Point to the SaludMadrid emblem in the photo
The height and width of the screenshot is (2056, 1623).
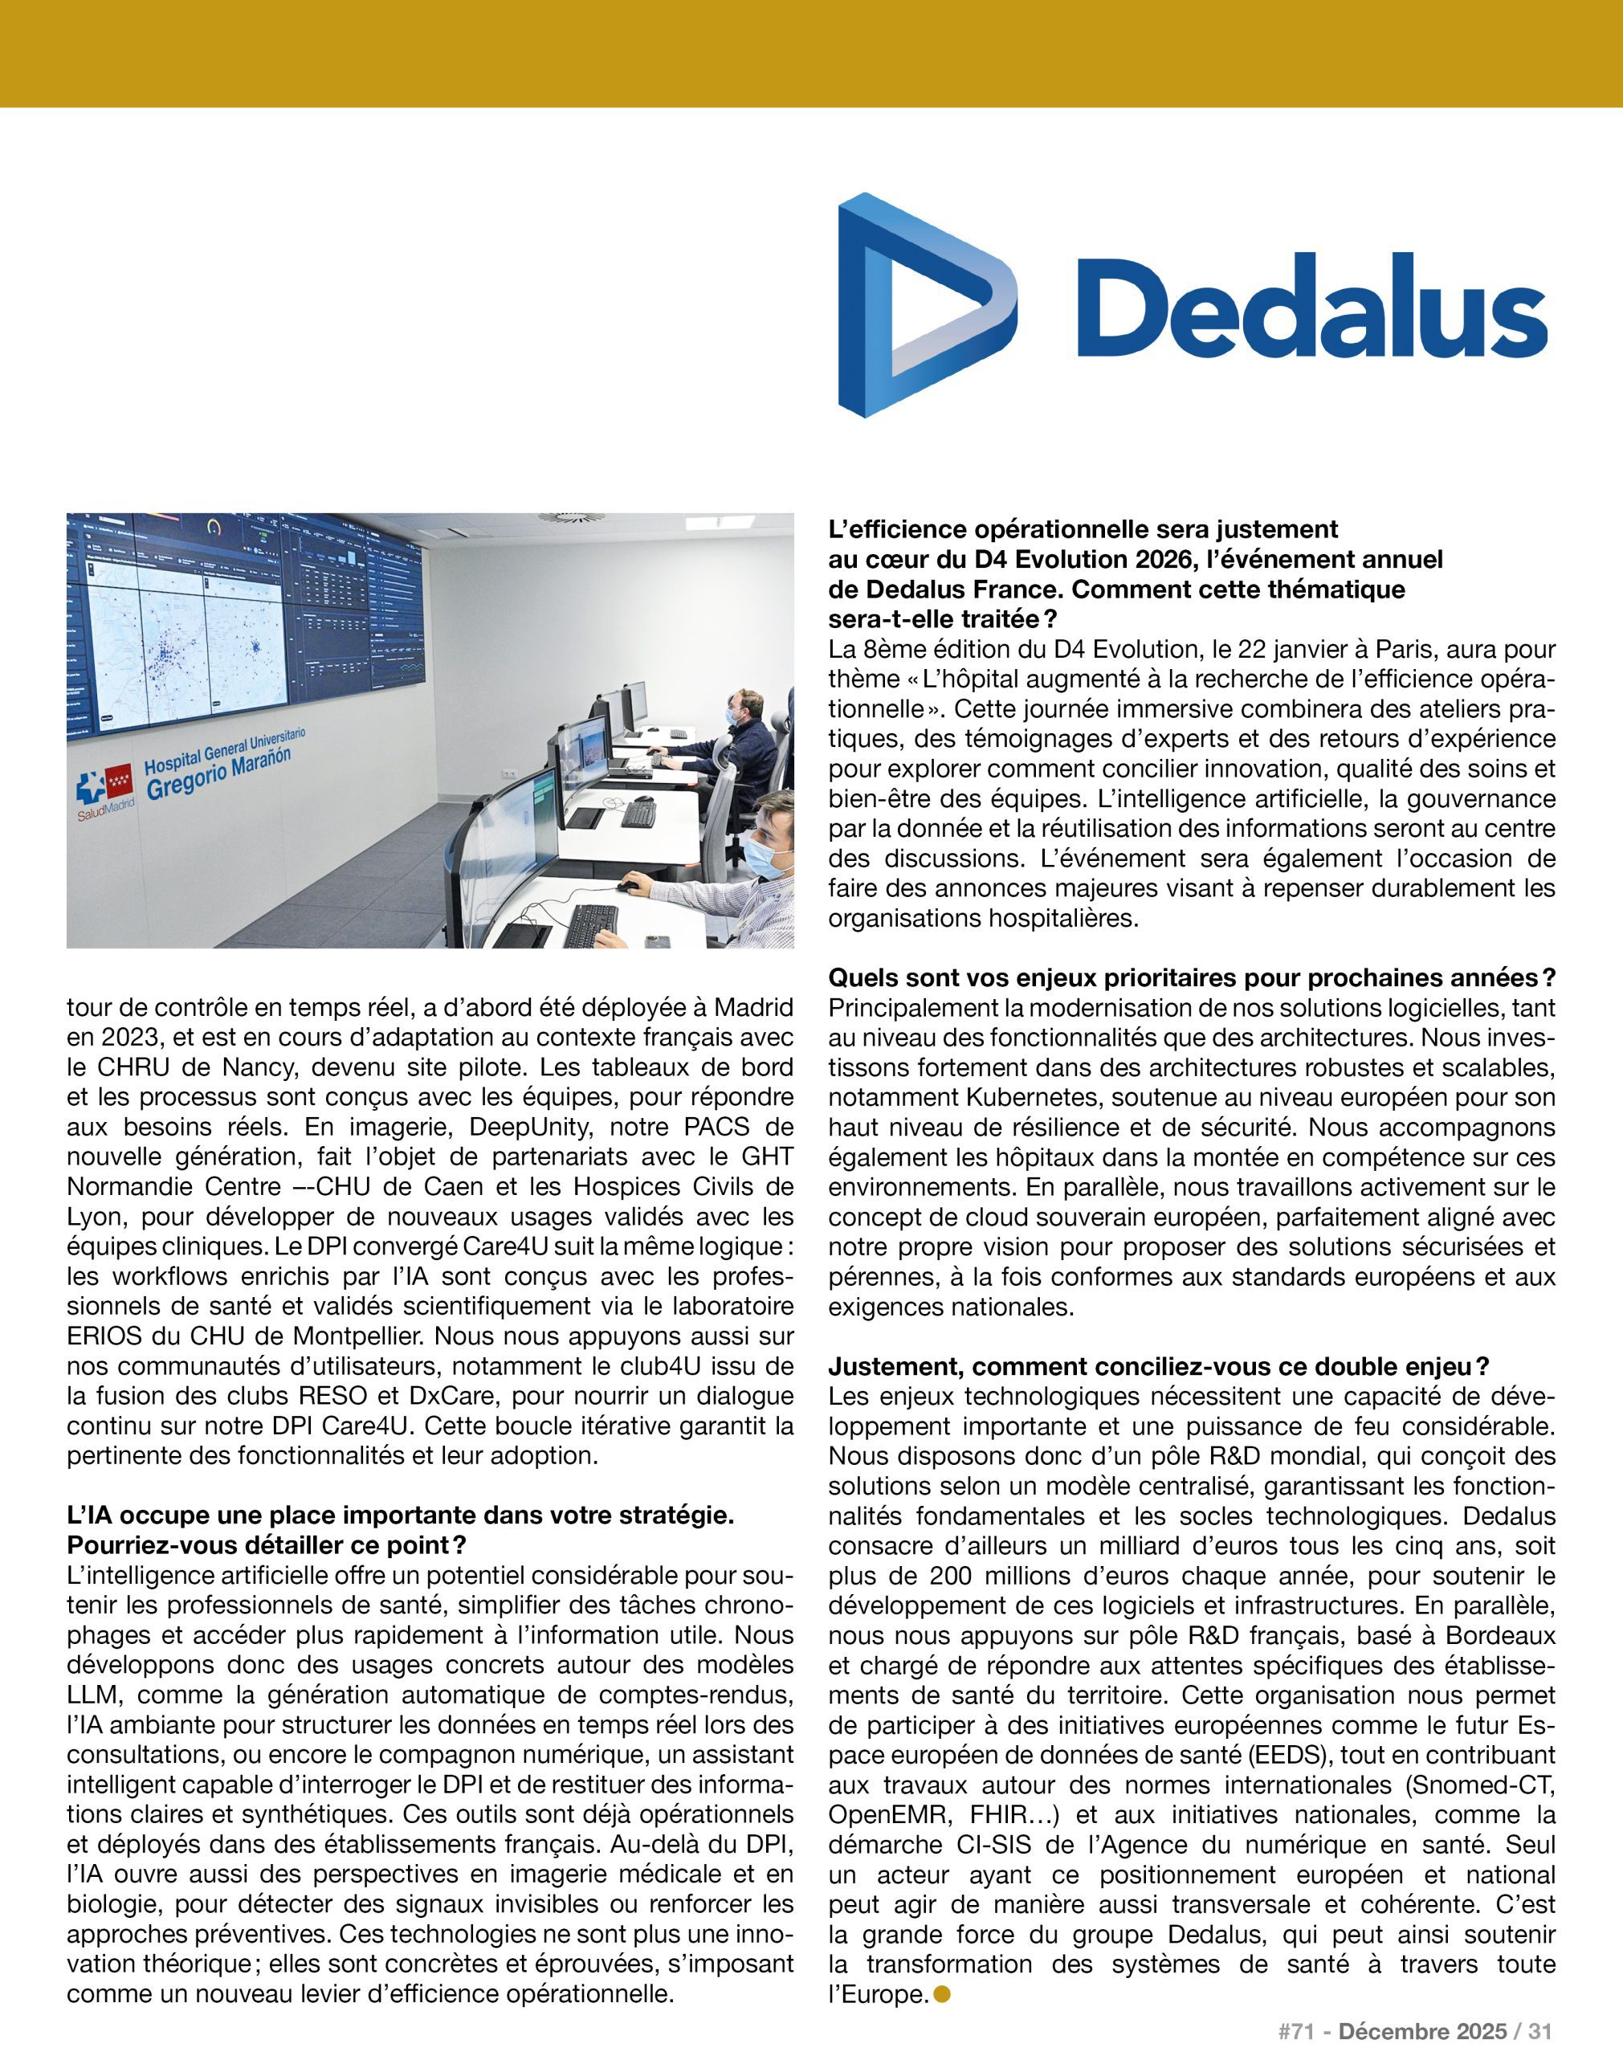(x=104, y=787)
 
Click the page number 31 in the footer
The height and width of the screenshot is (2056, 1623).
(x=1539, y=2031)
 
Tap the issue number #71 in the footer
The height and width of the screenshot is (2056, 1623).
(x=1295, y=2031)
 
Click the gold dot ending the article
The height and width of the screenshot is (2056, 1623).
(x=943, y=1994)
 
